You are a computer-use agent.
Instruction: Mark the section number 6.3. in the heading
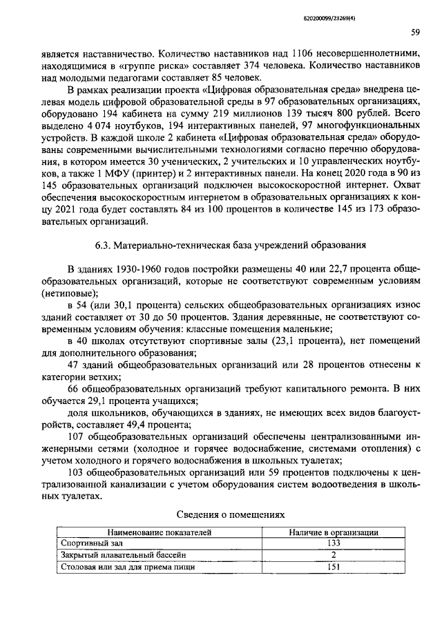104,245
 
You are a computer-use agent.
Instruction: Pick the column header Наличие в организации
332,532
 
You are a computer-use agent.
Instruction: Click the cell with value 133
332,543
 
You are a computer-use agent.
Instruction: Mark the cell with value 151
332,567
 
